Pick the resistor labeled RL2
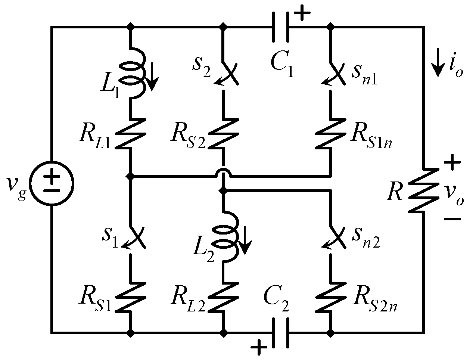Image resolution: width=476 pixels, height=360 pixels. point(223,297)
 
